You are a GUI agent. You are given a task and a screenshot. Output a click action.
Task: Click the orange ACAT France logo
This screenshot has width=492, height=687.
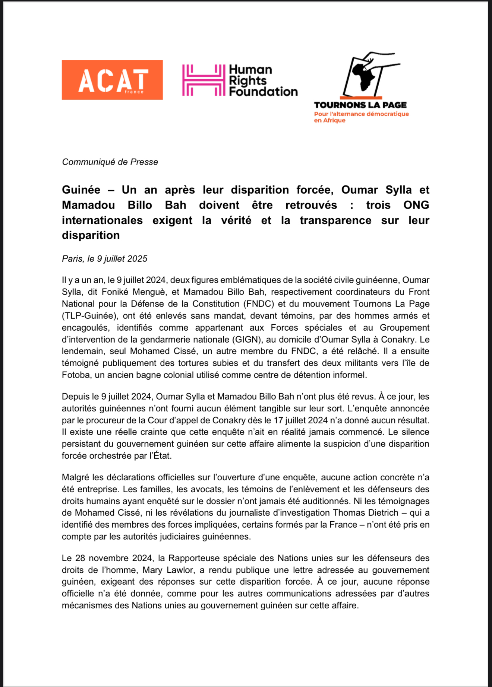click(112, 80)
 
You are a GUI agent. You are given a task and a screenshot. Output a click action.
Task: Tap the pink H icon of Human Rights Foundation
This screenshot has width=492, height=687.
click(204, 80)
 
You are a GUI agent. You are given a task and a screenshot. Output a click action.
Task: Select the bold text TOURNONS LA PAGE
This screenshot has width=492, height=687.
click(360, 105)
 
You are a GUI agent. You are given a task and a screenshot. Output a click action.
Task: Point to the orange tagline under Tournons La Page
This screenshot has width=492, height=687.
click(361, 117)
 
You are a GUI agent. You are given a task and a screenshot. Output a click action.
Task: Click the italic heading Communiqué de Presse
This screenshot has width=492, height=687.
click(110, 162)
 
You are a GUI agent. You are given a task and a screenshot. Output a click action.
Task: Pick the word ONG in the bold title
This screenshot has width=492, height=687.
click(416, 205)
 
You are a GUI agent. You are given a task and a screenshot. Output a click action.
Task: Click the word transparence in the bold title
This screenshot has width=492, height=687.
click(335, 220)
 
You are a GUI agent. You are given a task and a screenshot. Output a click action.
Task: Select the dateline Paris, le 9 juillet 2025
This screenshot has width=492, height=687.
click(105, 259)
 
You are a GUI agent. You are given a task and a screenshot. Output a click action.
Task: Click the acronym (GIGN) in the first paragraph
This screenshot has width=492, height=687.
click(247, 340)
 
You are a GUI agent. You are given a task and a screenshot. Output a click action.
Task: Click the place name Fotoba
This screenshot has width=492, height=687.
click(76, 375)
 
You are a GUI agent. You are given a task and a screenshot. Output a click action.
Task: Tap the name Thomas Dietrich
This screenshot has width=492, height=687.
click(366, 513)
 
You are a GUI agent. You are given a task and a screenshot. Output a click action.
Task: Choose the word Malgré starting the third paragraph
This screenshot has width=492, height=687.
click(76, 477)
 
